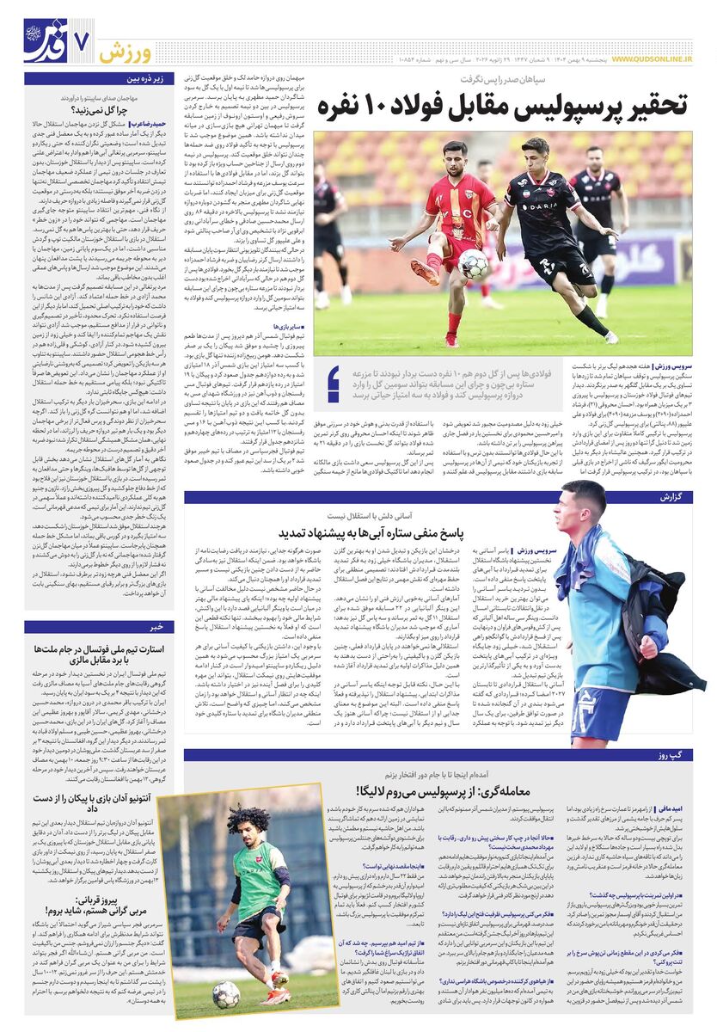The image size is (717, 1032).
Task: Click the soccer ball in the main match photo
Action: click(472, 265)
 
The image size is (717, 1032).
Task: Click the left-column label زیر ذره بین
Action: click(144, 79)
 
